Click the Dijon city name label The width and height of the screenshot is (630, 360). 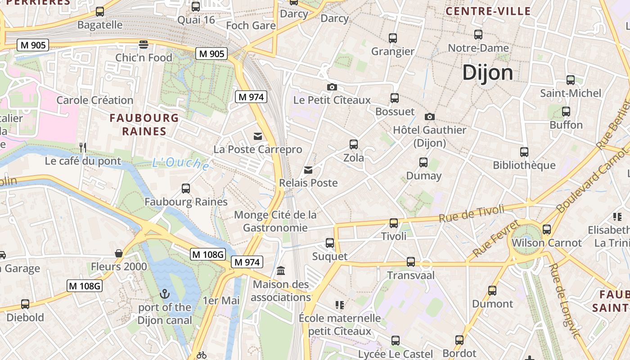click(487, 72)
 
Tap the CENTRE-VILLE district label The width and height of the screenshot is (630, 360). click(488, 11)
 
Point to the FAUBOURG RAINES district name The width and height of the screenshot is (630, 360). click(144, 125)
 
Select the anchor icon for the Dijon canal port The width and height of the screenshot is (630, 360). click(165, 294)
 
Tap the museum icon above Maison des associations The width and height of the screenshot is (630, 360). click(281, 270)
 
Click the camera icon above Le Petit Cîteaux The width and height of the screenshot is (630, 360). click(332, 87)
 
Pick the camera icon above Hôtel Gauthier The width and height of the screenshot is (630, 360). click(430, 117)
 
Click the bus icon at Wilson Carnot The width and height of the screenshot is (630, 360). click(547, 229)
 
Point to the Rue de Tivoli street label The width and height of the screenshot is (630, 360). click(472, 212)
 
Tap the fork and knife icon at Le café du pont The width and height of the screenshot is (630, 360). click(83, 147)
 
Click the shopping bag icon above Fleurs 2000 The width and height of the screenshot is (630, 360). click(119, 253)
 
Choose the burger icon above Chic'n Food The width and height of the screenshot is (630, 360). click(144, 44)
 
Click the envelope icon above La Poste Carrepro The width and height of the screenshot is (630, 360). click(258, 136)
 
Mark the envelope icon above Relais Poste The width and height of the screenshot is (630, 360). click(308, 170)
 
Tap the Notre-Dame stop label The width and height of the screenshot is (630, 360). click(478, 48)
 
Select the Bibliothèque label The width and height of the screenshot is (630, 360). click(524, 165)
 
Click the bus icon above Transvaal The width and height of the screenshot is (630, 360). click(411, 262)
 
